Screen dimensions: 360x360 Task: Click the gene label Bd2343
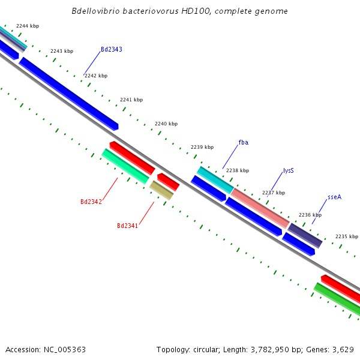tap(111, 49)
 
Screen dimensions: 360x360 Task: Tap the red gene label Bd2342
tap(91, 202)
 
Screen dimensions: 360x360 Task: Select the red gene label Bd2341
tap(127, 226)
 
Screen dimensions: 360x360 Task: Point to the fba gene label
tap(243, 142)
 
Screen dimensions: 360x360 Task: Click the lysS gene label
tap(288, 171)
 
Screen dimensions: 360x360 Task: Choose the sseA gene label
tap(334, 197)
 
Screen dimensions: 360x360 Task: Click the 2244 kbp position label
tap(28, 26)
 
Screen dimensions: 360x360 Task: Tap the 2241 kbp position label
tap(131, 100)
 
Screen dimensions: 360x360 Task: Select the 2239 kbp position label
tap(202, 147)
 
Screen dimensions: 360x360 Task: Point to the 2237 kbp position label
tap(274, 193)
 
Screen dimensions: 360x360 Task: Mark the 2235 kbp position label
tap(347, 236)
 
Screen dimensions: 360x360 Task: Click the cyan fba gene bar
tap(215, 180)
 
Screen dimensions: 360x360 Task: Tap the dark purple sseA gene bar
tap(305, 235)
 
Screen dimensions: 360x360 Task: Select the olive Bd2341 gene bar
tap(161, 190)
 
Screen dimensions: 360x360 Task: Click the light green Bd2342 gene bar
tap(125, 166)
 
